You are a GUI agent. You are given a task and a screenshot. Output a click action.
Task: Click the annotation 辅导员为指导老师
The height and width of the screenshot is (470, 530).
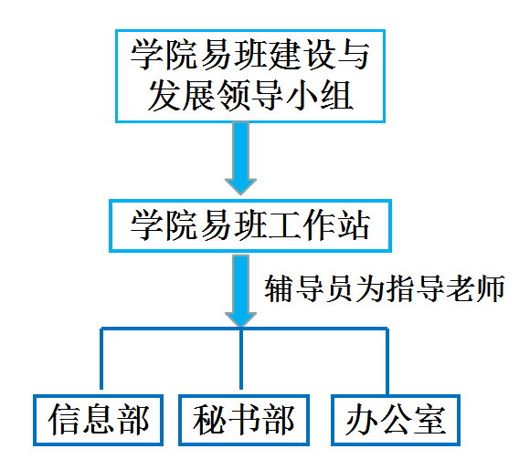[385, 288]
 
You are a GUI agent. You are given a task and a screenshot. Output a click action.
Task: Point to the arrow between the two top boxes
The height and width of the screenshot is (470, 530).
[240, 159]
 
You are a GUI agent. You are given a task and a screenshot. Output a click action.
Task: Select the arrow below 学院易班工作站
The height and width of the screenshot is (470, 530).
[240, 290]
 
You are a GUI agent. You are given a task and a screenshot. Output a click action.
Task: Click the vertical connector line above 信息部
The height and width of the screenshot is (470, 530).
[101, 359]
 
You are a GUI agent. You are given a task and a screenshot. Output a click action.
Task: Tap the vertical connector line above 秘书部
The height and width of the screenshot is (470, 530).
[241, 359]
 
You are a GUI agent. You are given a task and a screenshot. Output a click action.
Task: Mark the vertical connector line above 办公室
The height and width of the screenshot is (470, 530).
[387, 361]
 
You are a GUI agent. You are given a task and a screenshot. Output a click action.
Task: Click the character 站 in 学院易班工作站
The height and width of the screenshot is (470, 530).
[355, 225]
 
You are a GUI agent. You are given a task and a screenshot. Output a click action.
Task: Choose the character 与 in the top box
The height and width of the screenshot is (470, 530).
[354, 55]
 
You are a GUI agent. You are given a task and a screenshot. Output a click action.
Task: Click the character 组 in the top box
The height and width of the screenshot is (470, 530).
[336, 95]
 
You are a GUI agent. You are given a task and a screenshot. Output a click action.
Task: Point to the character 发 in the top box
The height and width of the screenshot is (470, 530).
[164, 95]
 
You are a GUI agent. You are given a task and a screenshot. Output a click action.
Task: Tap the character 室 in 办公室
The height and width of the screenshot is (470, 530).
[430, 420]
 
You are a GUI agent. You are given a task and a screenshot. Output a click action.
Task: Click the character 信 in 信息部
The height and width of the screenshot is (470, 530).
[64, 420]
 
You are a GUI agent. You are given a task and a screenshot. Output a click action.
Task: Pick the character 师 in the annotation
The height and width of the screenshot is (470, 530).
[491, 288]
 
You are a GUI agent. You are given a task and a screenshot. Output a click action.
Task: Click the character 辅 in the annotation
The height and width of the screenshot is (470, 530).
[279, 288]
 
